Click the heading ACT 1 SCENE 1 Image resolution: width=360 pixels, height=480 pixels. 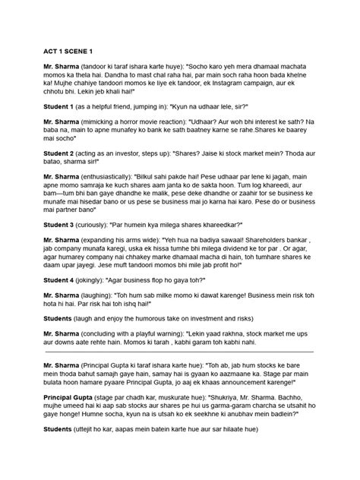68,51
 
